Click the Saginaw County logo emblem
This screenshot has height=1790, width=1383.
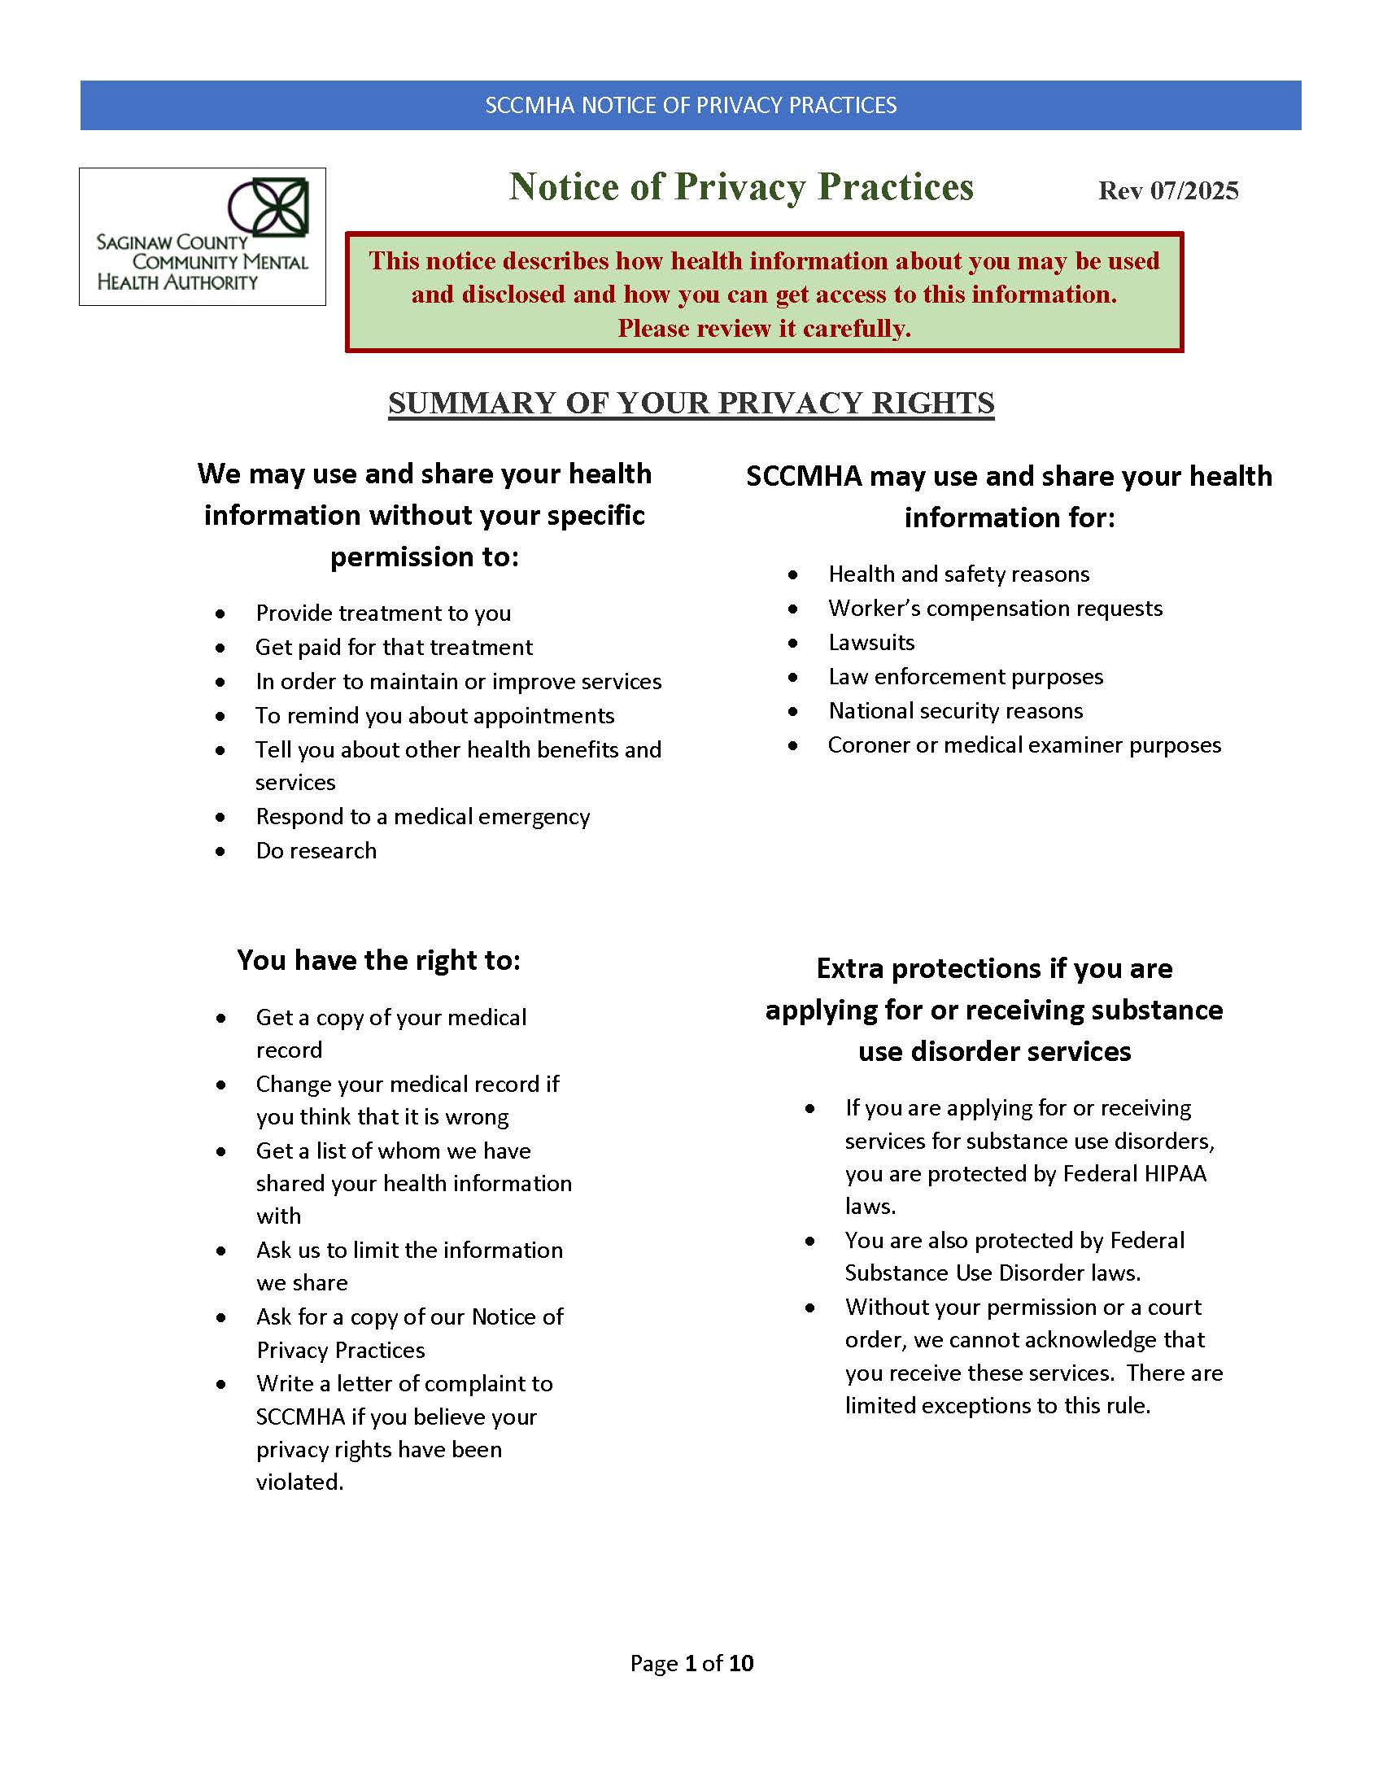coord(268,207)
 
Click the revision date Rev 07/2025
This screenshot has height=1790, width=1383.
coord(1167,191)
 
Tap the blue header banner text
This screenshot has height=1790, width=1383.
coord(691,106)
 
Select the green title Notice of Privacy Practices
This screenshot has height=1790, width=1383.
coord(740,187)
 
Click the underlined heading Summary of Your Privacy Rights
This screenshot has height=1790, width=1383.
coord(691,404)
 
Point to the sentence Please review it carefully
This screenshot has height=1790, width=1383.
coord(764,329)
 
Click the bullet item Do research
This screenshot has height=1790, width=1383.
coord(316,851)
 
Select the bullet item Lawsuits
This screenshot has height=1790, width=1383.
coord(871,643)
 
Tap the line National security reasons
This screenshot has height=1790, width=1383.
coord(955,710)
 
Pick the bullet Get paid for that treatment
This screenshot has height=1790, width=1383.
coord(394,648)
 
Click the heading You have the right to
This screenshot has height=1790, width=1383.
coord(378,960)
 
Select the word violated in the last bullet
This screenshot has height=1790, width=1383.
coord(300,1482)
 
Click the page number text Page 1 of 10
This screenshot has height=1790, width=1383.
coord(691,1663)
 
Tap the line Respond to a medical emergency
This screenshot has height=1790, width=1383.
coord(423,817)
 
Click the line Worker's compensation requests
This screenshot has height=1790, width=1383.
coord(995,608)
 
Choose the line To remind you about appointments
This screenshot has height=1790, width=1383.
coord(435,715)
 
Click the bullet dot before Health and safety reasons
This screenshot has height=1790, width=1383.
coord(793,575)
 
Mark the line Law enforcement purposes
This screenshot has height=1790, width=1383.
coord(965,677)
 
